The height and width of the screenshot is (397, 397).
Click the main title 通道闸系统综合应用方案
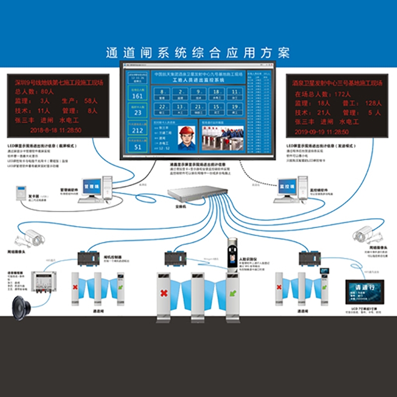click(198, 53)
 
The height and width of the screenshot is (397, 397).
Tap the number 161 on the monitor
click(138, 96)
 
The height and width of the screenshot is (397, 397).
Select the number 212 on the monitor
click(138, 131)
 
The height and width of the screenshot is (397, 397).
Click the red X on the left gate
click(75, 287)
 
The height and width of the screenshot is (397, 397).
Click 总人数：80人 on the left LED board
click(34, 92)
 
